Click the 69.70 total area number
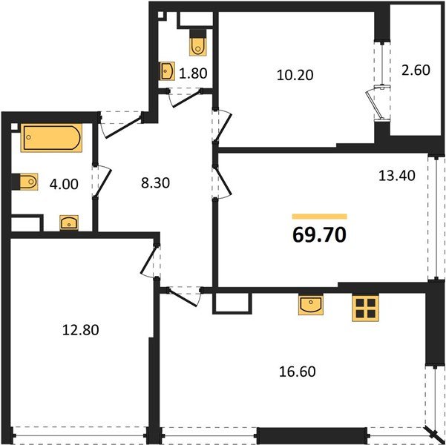pos(320,237)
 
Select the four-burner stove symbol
pos(365,307)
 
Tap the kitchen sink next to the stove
pos(310,304)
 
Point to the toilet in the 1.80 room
pos(197,44)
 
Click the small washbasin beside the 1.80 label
pos(167,71)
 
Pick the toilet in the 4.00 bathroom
pos(27,182)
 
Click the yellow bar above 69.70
pos(319,216)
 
